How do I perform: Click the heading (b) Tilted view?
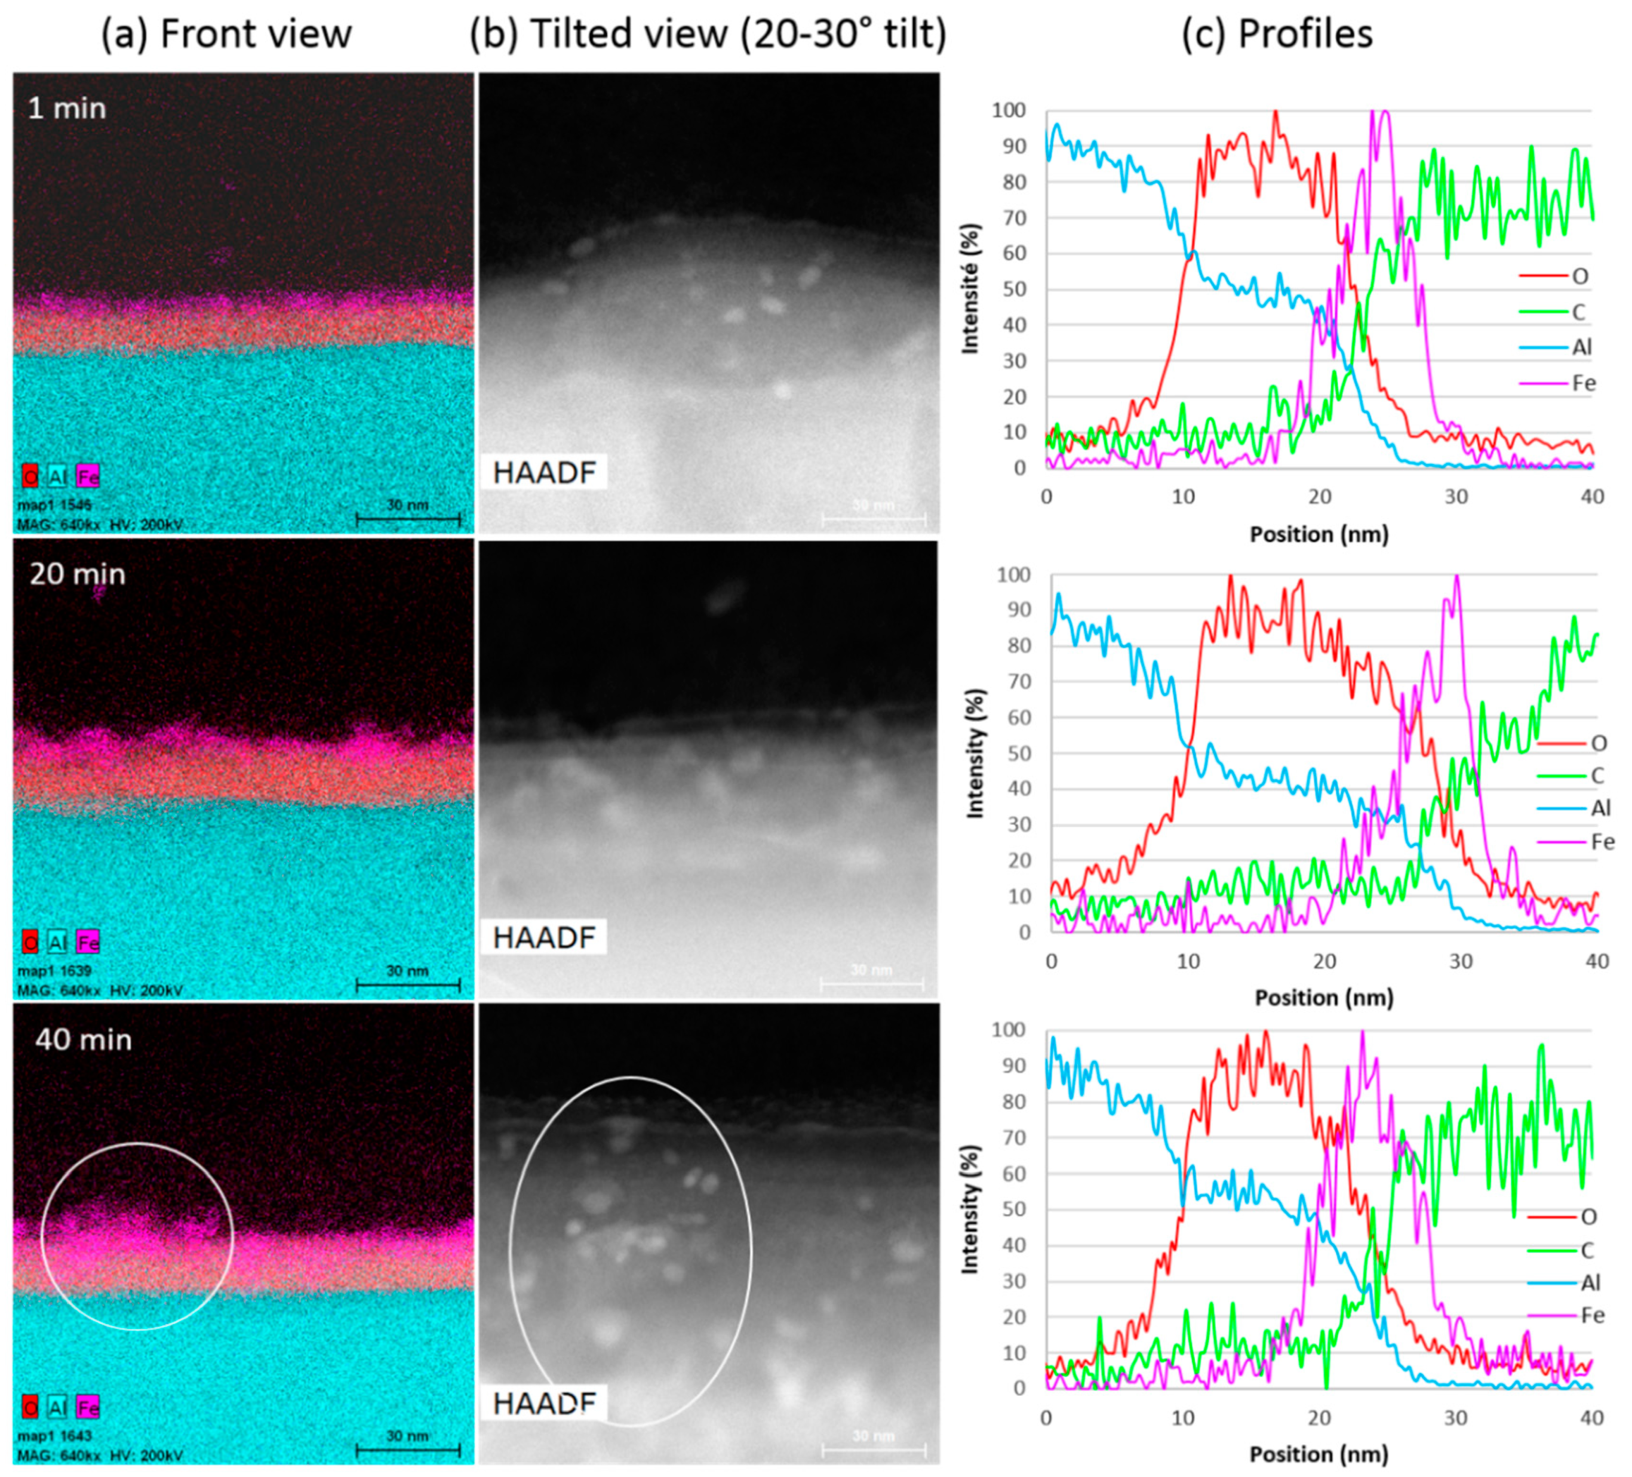(x=708, y=34)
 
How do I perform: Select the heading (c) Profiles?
(x=1277, y=34)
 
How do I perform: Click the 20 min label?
(x=78, y=574)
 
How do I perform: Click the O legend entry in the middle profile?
(x=1598, y=742)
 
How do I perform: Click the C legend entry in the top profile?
(x=1579, y=312)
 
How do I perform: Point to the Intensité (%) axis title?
(x=970, y=288)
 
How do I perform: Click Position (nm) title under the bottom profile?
(x=1318, y=1454)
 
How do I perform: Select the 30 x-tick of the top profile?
(x=1455, y=496)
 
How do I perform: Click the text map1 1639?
(x=54, y=970)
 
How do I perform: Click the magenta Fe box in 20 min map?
(x=87, y=942)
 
